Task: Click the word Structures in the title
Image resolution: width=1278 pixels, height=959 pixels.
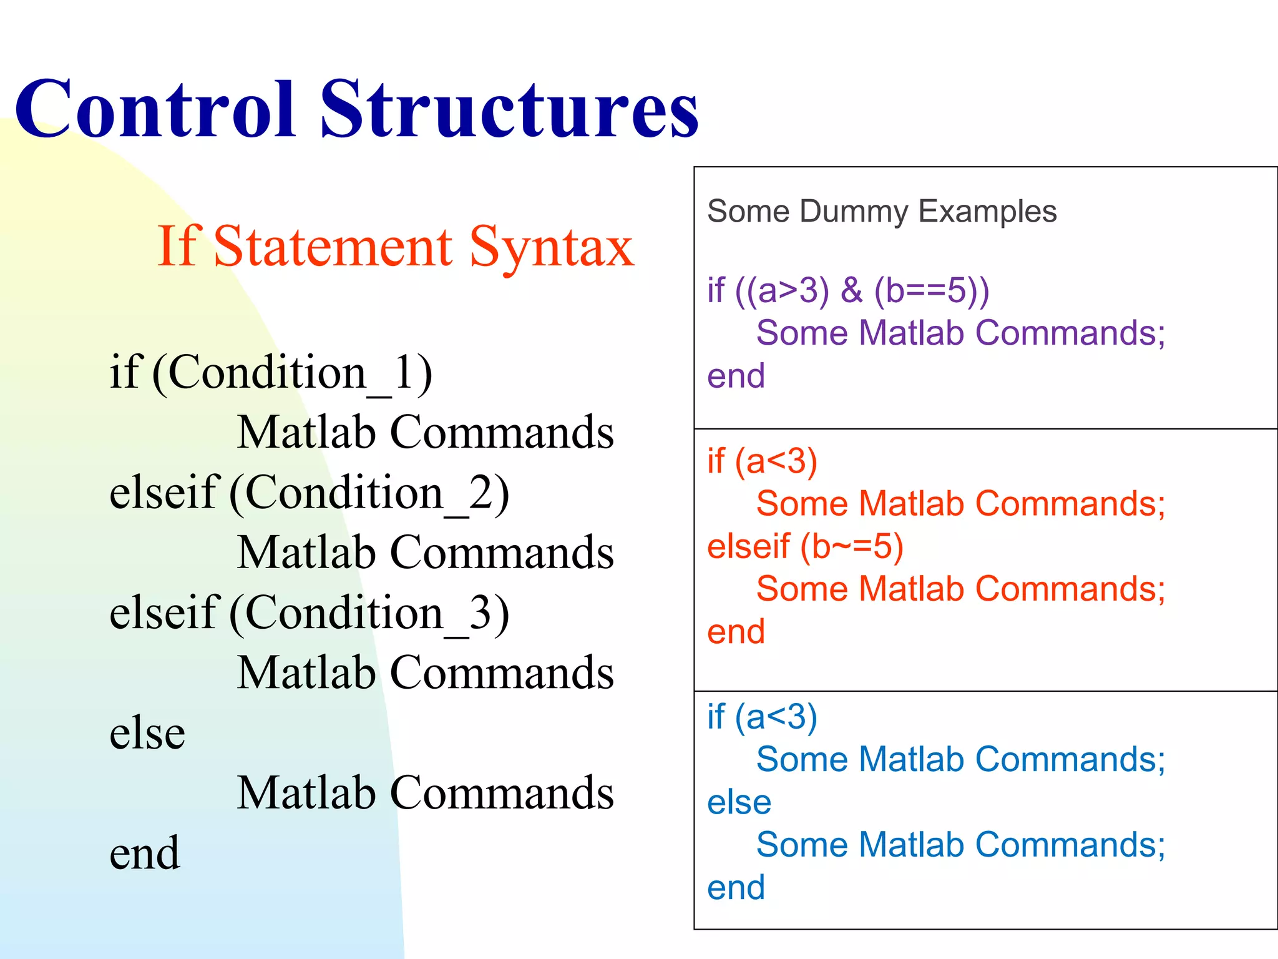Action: pyautogui.click(x=509, y=109)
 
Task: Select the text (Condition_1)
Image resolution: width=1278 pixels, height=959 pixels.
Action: pyautogui.click(x=292, y=373)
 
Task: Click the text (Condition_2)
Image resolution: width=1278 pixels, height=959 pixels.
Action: pyautogui.click(x=369, y=493)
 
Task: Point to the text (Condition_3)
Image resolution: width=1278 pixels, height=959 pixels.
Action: pyautogui.click(x=369, y=614)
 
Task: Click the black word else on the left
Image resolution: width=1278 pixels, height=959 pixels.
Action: pyautogui.click(x=147, y=734)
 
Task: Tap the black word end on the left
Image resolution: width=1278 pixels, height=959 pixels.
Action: pyautogui.click(x=145, y=853)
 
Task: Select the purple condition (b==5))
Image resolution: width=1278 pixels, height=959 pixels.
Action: pyautogui.click(x=932, y=291)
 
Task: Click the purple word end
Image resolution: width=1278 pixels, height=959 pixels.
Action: pyautogui.click(x=736, y=376)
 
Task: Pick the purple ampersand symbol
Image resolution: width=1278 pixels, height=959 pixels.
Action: pyautogui.click(x=851, y=291)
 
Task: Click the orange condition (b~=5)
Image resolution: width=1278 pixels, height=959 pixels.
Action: pyautogui.click(x=852, y=547)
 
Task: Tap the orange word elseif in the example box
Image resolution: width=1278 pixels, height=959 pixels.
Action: pyautogui.click(x=749, y=547)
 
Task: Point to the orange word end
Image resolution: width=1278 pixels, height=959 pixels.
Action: pyautogui.click(x=736, y=632)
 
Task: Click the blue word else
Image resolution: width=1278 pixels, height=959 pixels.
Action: pyautogui.click(x=739, y=803)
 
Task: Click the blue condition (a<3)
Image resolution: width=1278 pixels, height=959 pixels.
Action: pyautogui.click(x=776, y=717)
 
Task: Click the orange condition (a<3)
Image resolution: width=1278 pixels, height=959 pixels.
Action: pyautogui.click(x=776, y=462)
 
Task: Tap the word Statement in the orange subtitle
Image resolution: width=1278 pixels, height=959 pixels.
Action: pyautogui.click(x=333, y=247)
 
